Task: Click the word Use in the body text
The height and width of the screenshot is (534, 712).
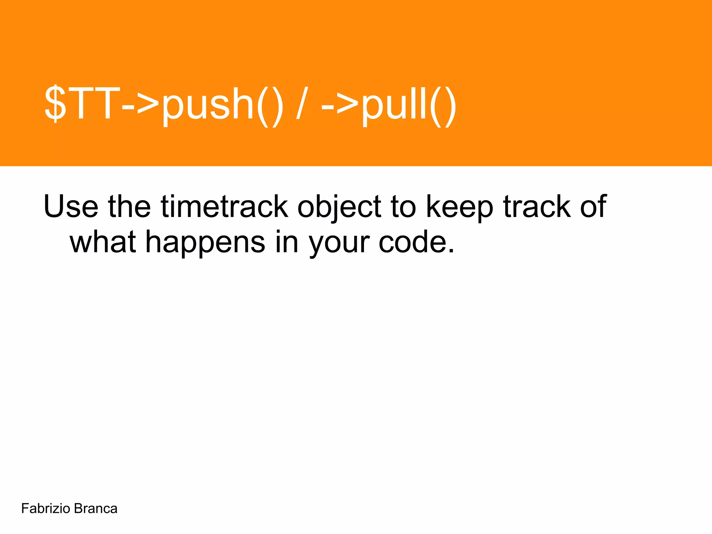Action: point(71,207)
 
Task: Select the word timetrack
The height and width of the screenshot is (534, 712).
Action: point(224,207)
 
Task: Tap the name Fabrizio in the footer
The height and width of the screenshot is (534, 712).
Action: point(46,509)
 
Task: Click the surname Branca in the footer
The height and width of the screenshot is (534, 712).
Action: point(96,509)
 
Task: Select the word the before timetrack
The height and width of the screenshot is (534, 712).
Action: point(129,207)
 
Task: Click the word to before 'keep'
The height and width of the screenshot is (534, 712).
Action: point(403,207)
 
